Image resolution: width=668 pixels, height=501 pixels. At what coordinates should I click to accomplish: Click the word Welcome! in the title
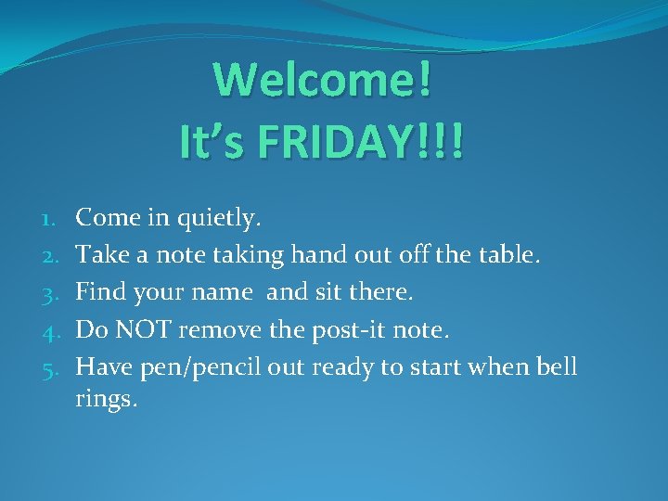coord(323,81)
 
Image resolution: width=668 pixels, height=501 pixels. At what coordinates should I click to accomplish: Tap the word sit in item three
coord(327,292)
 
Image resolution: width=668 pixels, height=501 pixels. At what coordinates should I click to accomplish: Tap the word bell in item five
coord(557,366)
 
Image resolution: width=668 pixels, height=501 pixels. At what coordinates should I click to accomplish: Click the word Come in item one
coord(105,218)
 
